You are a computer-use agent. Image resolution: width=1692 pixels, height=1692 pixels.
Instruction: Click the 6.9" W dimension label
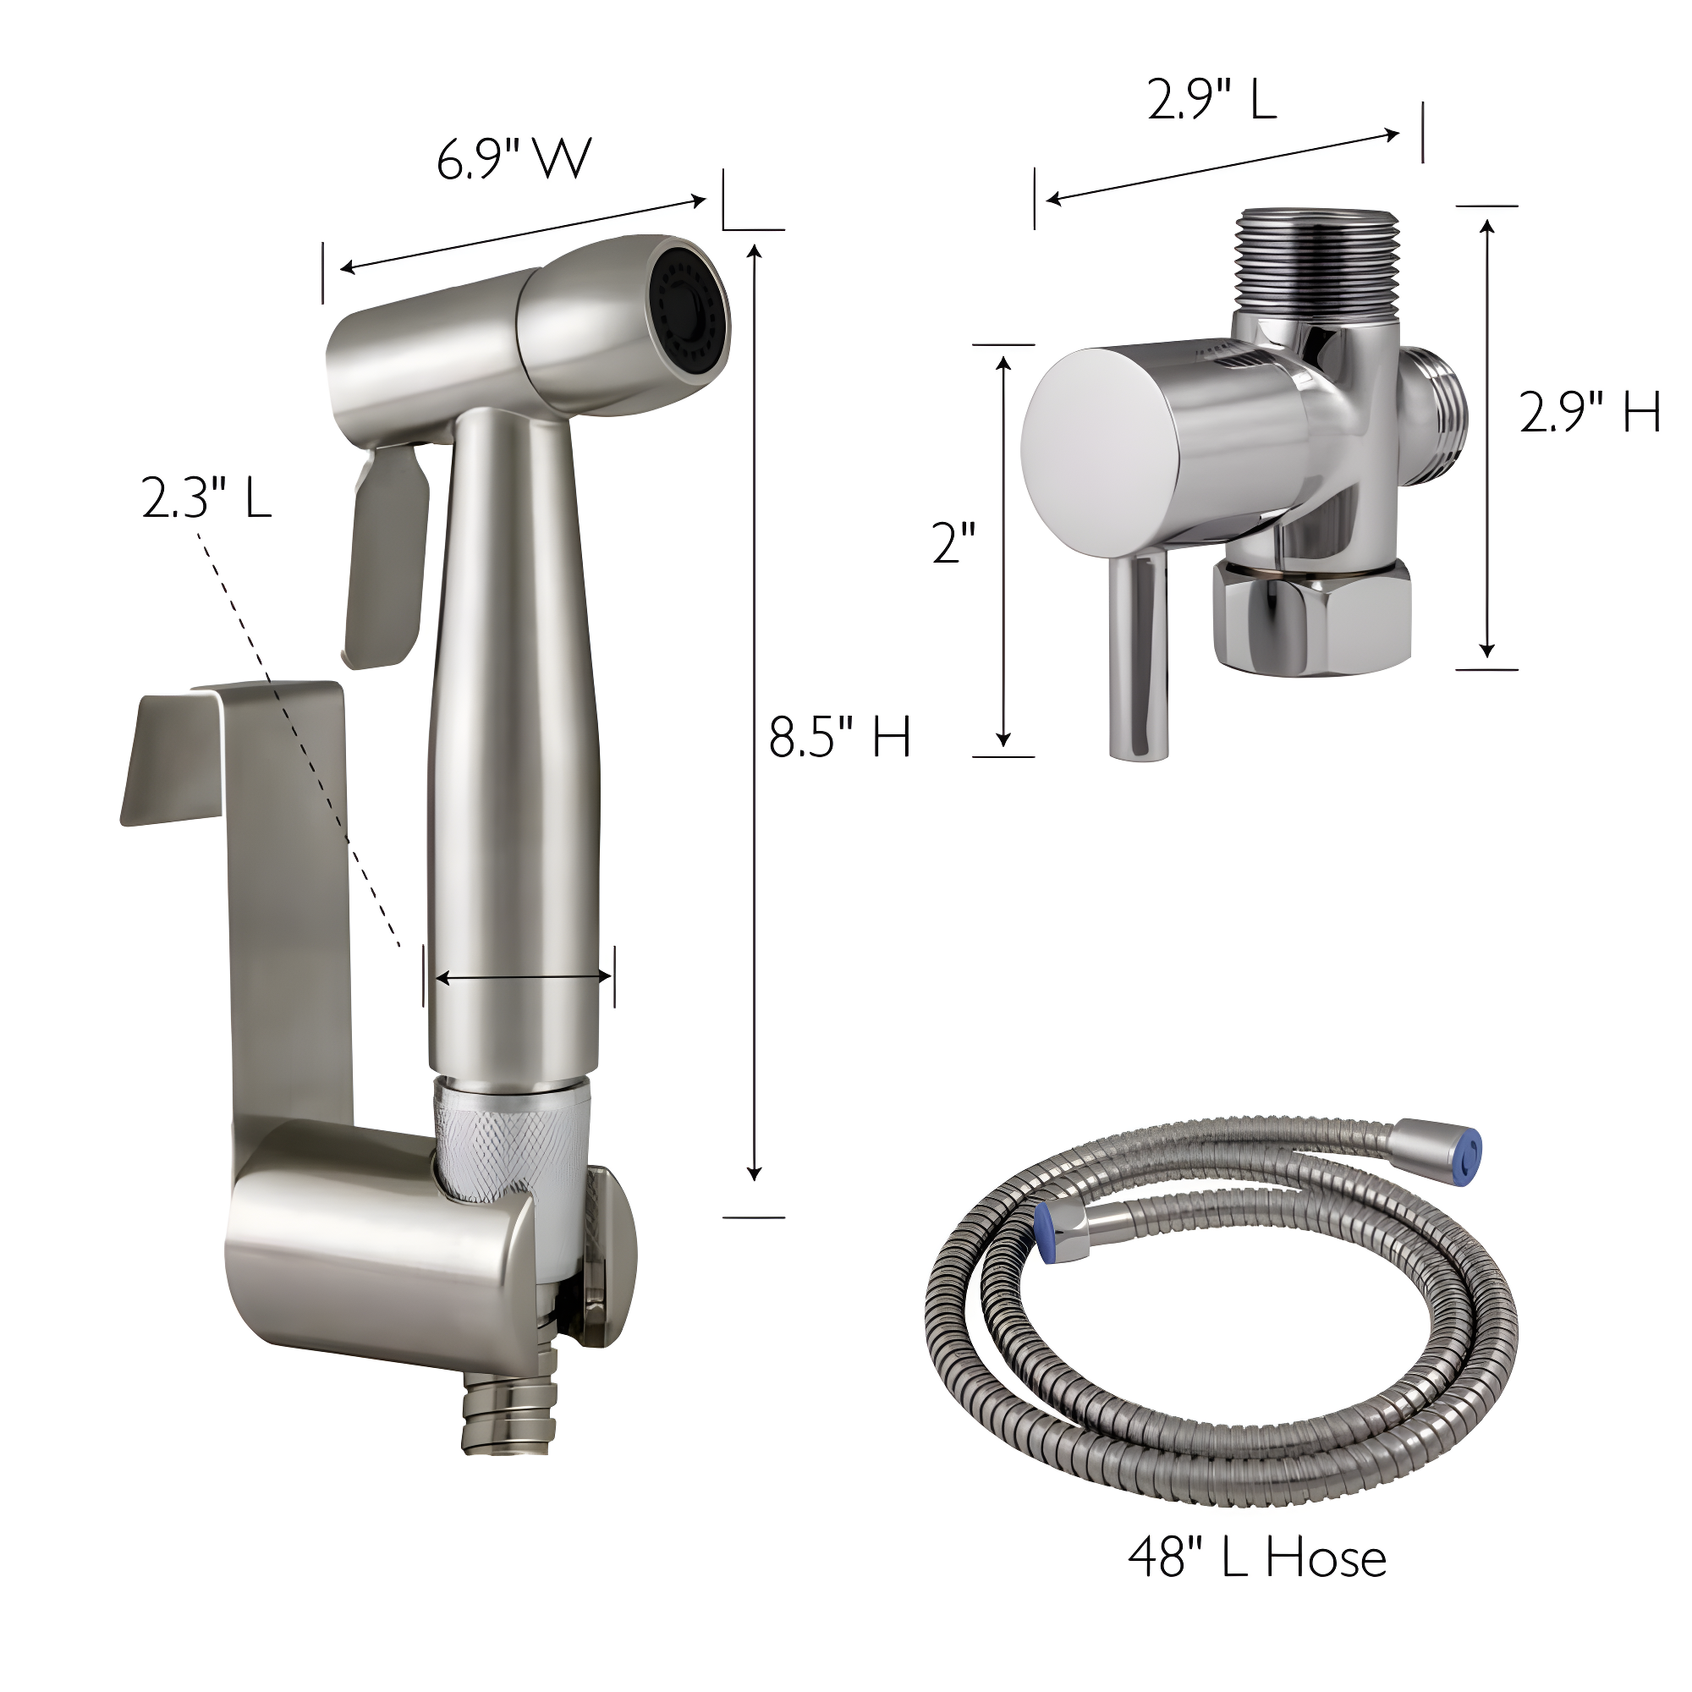point(514,159)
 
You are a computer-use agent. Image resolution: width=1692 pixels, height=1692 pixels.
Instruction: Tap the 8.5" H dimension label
point(839,737)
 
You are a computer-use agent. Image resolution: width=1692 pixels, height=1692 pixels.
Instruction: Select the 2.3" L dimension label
point(206,500)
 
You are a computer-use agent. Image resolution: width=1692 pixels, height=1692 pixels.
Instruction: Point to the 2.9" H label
point(1590,413)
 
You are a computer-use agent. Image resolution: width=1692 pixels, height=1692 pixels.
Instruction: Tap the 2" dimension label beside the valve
point(953,542)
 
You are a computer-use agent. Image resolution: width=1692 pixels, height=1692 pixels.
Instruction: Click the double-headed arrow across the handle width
point(523,977)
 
